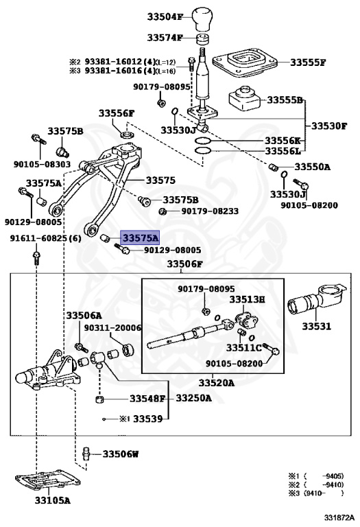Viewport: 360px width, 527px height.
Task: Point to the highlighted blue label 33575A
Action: (x=140, y=238)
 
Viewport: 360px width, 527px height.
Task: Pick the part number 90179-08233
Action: (x=210, y=211)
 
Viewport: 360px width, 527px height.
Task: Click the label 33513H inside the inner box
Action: (x=247, y=300)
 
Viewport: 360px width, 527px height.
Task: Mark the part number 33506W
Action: (x=121, y=454)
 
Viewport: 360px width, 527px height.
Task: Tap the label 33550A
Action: (x=313, y=167)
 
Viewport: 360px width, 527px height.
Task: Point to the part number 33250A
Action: (x=194, y=398)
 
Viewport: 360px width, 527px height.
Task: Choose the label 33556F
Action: (x=116, y=113)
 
